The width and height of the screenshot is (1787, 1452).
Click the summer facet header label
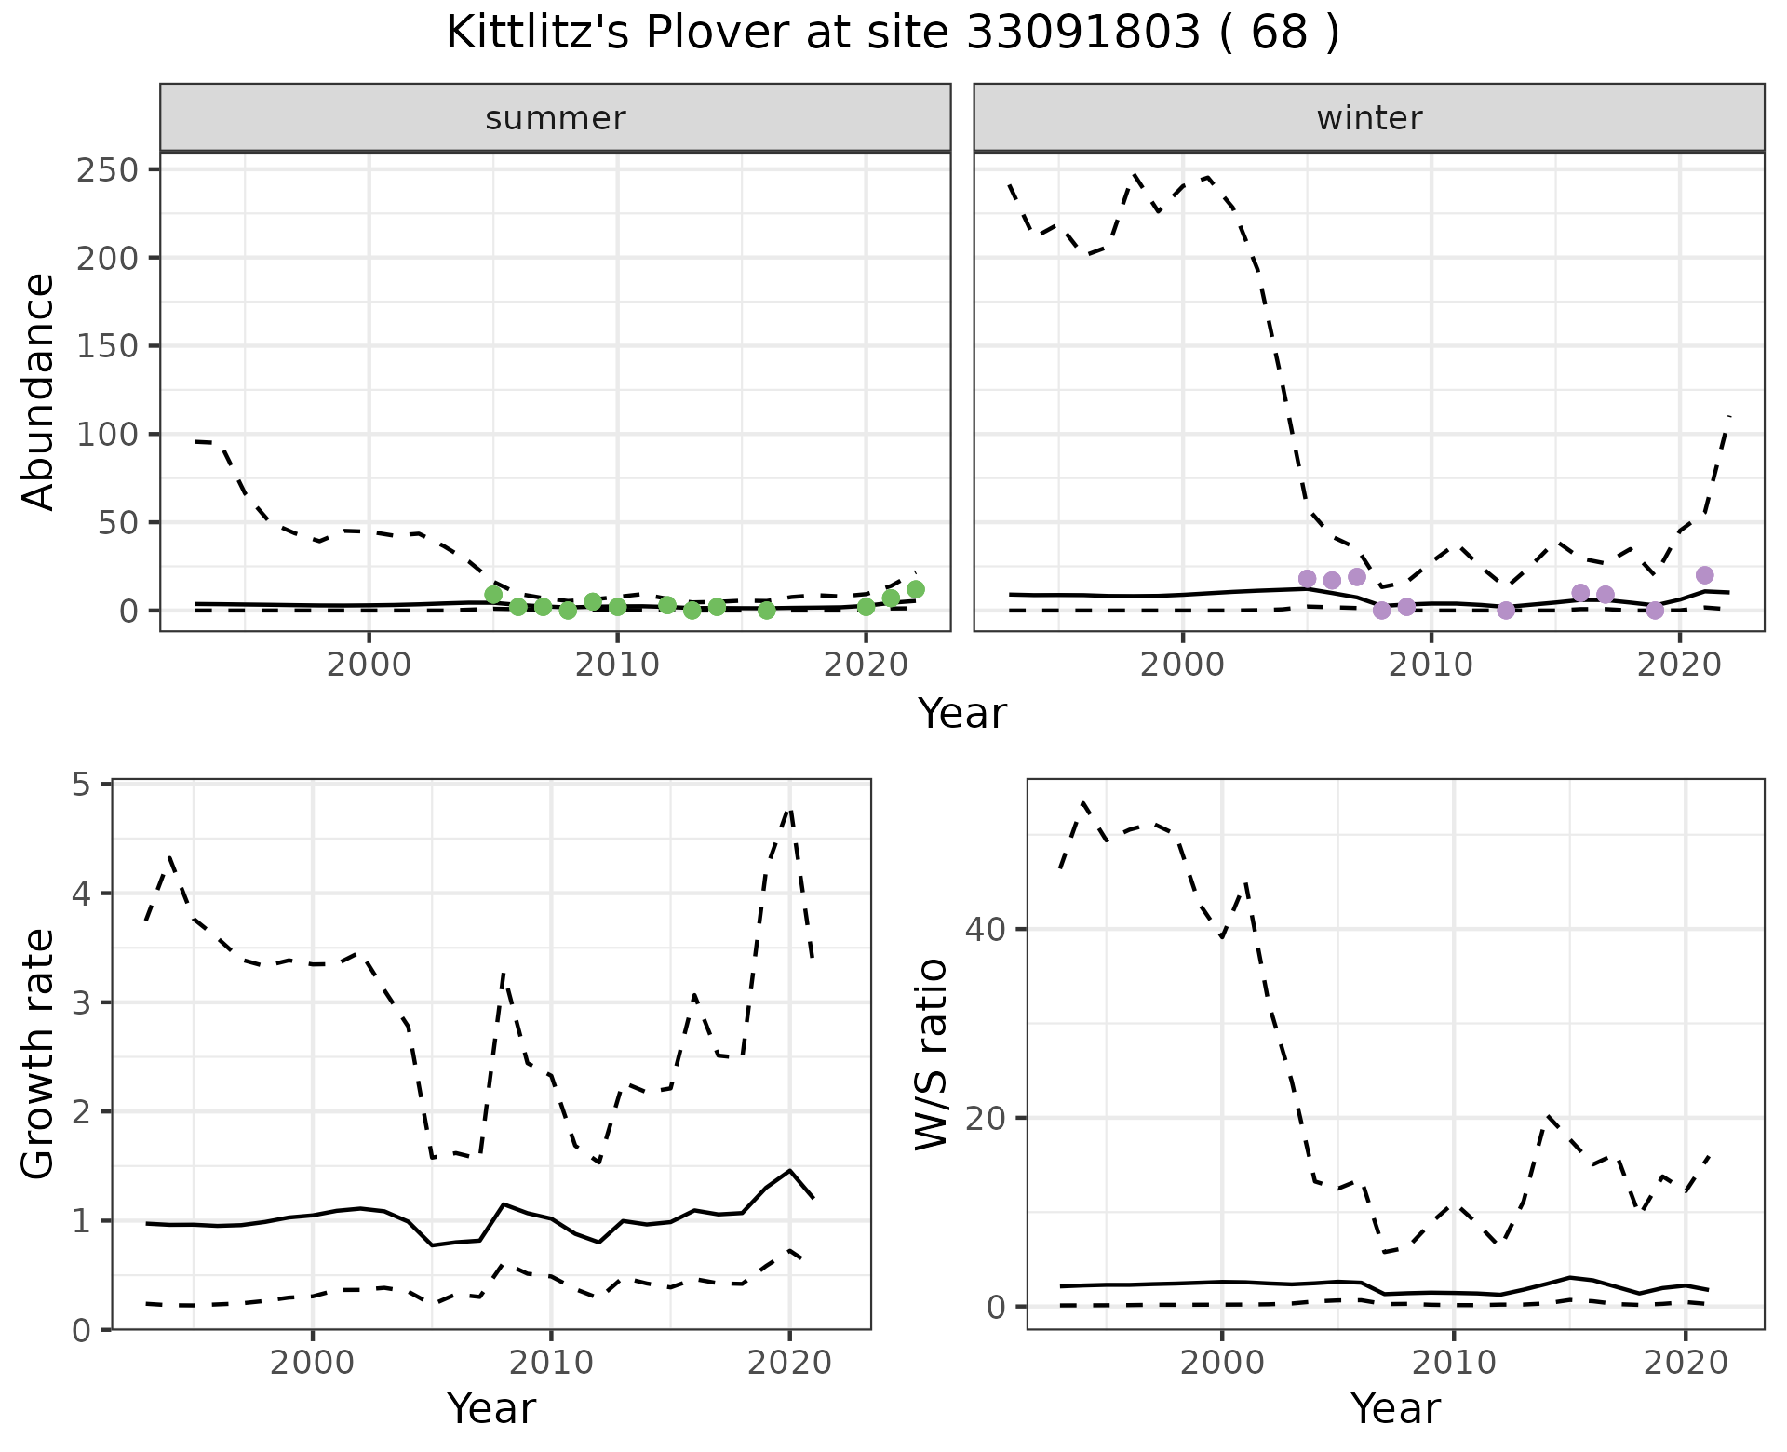pyautogui.click(x=556, y=118)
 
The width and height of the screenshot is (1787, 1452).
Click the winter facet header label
pyautogui.click(x=1369, y=118)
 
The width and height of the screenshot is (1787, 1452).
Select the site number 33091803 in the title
pyautogui.click(x=1083, y=34)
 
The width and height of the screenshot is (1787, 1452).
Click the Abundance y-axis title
pyautogui.click(x=39, y=391)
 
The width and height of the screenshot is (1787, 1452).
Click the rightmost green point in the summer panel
pyautogui.click(x=916, y=589)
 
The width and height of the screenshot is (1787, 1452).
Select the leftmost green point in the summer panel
pyautogui.click(x=493, y=595)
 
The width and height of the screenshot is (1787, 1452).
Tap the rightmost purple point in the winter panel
pyautogui.click(x=1705, y=575)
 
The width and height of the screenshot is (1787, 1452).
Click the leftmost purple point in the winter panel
pyautogui.click(x=1307, y=579)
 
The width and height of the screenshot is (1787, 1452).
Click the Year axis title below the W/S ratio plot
pyautogui.click(x=1395, y=1408)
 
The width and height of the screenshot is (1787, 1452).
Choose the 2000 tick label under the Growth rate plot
pyautogui.click(x=313, y=1364)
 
